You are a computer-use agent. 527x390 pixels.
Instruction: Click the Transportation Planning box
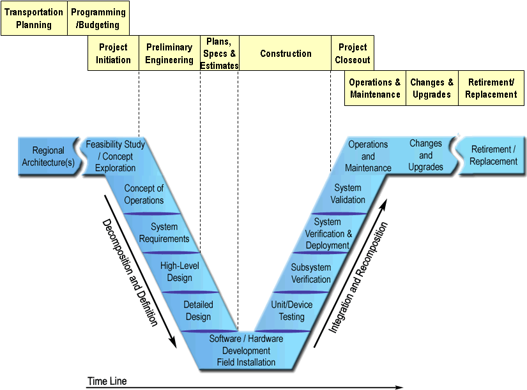coord(34,19)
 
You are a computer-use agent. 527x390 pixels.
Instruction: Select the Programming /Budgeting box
coord(98,19)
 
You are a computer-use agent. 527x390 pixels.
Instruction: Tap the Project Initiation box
coord(113,54)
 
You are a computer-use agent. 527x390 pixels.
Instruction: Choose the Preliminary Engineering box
coord(169,54)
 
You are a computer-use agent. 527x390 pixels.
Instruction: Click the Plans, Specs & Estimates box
coord(220,54)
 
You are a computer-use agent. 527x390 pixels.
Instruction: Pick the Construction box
coord(286,54)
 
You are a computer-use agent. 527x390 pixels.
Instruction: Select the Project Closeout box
coord(353,54)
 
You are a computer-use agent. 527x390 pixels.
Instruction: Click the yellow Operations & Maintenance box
coord(375,89)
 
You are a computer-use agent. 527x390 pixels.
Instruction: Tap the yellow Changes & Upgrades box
coord(432,89)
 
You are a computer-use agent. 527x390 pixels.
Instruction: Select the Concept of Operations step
coord(144,194)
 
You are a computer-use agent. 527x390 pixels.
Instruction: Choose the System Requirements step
coord(164,232)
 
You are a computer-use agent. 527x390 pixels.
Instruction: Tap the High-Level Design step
coord(176,271)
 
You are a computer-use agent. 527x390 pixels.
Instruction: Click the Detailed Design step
coord(198,311)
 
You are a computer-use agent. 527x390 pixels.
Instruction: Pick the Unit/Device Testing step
coord(292,311)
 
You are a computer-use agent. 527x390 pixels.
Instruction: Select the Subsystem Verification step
coord(311,273)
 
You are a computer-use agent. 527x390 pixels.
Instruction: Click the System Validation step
coord(348,193)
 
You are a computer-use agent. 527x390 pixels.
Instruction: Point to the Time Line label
coord(107,382)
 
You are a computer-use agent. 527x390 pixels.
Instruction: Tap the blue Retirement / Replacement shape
coord(493,155)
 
